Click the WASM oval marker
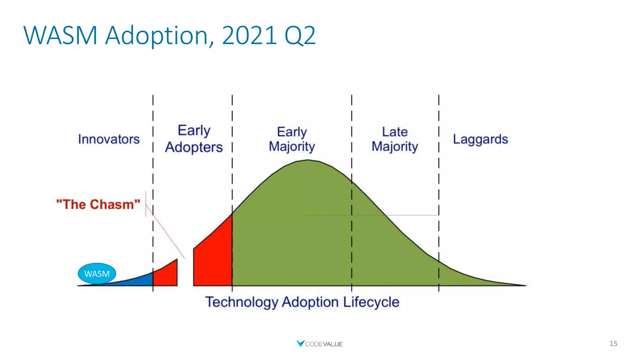[97, 273]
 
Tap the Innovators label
[109, 139]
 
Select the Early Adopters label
[194, 139]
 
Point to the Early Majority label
[292, 139]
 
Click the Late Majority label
[395, 139]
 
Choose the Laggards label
[480, 139]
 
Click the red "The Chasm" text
[98, 204]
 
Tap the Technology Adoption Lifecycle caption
[302, 302]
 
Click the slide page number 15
[613, 343]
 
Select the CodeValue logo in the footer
[319, 344]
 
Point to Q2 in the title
[300, 36]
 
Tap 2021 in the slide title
[249, 36]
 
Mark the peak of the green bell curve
[307, 161]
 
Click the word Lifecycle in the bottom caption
[371, 302]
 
